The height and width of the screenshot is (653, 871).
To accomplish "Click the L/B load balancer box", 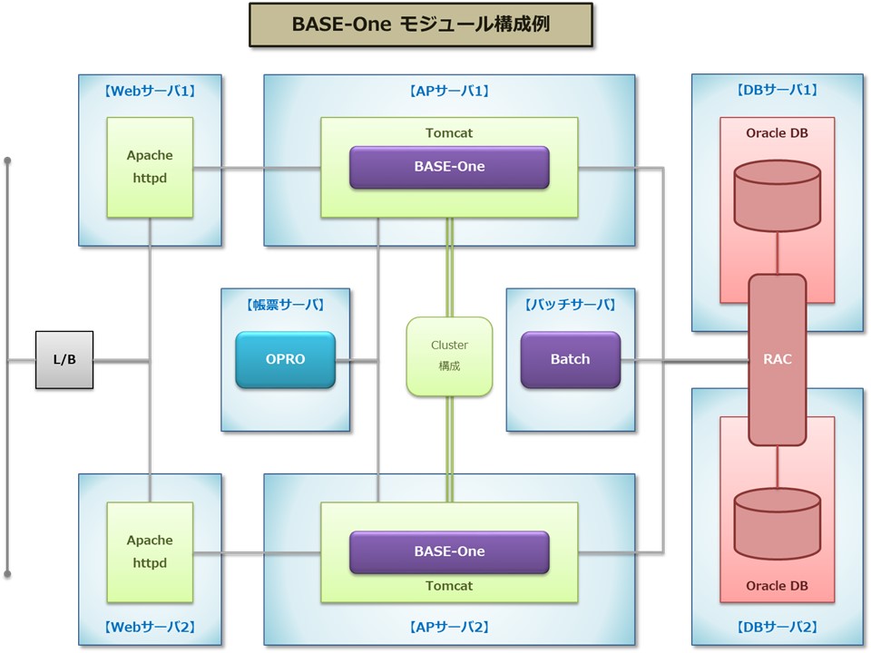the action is click(x=64, y=360).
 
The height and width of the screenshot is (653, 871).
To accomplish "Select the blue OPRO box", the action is click(x=286, y=359).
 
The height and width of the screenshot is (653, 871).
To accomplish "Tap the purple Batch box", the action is click(x=571, y=359).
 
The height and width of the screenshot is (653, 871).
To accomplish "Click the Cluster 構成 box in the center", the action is click(x=449, y=356).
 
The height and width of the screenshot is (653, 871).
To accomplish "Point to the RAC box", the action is click(x=778, y=360).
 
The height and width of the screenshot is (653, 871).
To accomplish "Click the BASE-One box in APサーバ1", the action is click(x=449, y=167).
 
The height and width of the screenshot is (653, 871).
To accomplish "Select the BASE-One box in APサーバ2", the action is click(x=449, y=551).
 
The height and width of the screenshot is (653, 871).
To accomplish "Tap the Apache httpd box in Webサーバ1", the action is click(x=150, y=167).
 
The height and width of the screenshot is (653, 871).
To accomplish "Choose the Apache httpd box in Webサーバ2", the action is click(x=150, y=552).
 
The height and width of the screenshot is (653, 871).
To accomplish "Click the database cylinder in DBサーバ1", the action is click(x=778, y=196).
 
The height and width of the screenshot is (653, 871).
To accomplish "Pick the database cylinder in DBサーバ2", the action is click(x=778, y=523).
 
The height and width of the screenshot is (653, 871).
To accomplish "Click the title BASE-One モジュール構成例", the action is click(x=421, y=24).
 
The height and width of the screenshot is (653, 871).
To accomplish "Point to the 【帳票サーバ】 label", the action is click(x=286, y=305).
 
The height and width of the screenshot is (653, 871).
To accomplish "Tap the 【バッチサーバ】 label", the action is click(x=571, y=305).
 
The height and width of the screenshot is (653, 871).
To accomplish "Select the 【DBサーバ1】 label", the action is click(x=778, y=90).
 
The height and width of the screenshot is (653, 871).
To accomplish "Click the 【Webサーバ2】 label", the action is click(x=150, y=627).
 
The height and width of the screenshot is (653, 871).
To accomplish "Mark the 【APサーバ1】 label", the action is click(x=449, y=91).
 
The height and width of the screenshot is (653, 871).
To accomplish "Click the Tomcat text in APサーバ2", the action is click(x=449, y=586).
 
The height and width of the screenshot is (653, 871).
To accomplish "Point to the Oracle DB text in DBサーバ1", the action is click(x=778, y=133).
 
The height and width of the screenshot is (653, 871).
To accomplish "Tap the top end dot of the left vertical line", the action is click(x=8, y=161).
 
